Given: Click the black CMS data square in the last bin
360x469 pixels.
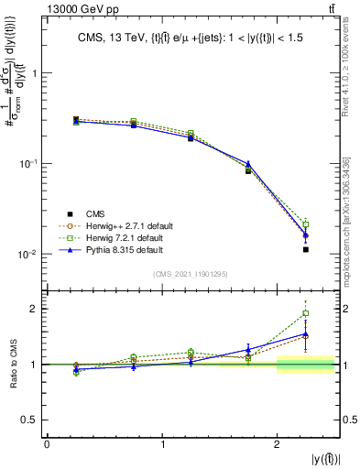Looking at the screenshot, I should tap(306, 249).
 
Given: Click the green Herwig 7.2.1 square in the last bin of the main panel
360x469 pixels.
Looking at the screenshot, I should tap(306, 224).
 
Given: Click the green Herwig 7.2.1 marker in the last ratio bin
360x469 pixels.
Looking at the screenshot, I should tap(306, 313).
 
